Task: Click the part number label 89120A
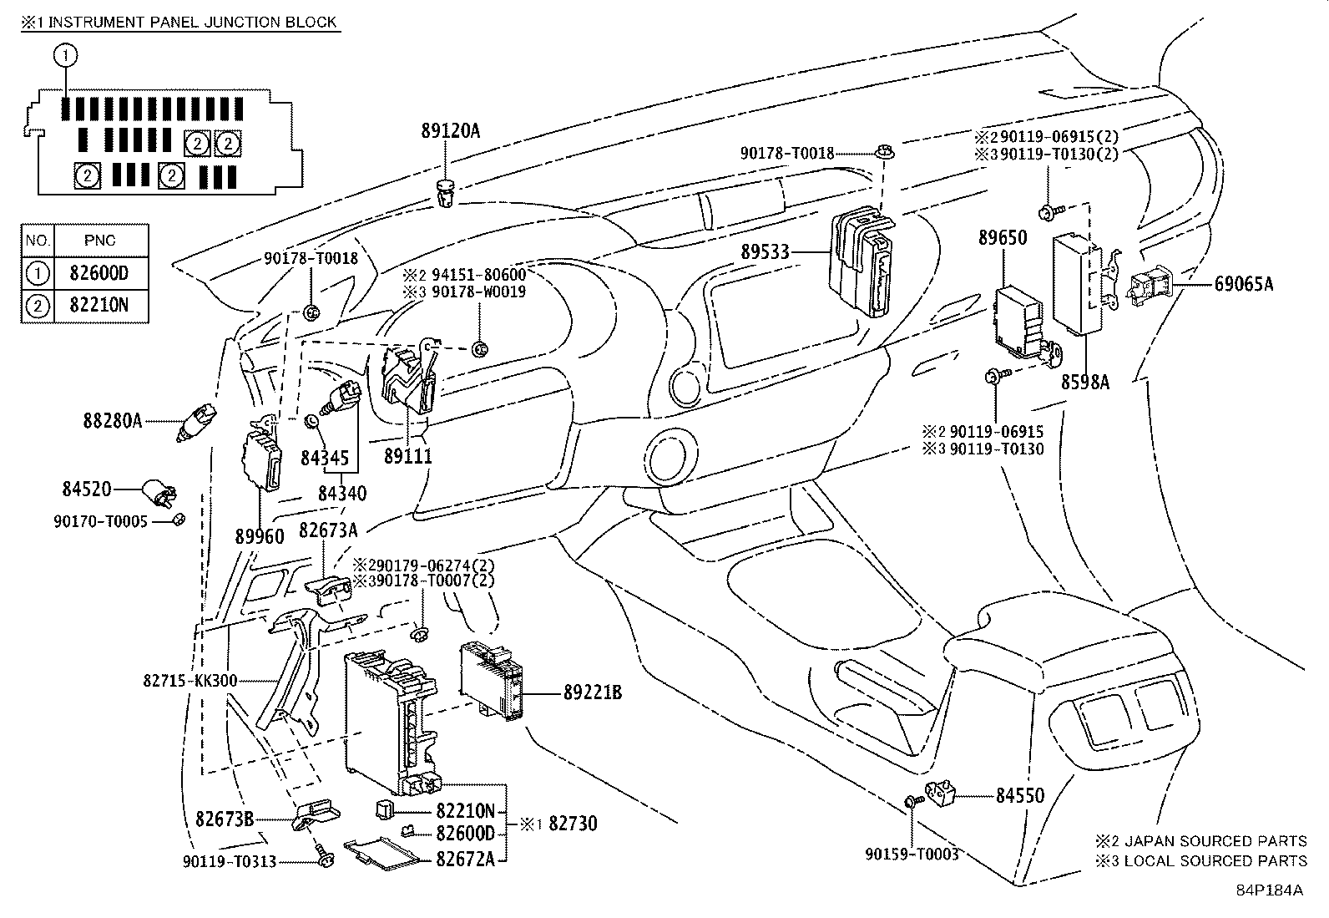coord(451,131)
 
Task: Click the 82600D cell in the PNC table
coord(101,273)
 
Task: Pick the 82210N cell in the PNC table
coord(101,305)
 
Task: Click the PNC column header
coord(101,241)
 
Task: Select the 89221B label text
coord(592,692)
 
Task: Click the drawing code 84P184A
coord(1269,890)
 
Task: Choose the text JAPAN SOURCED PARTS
coord(1215,841)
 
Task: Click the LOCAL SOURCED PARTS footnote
coord(1215,860)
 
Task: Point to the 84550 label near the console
coord(1019,796)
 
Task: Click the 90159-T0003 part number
coord(912,855)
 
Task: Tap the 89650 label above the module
coord(1003,238)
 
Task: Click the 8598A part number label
coord(1085,383)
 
